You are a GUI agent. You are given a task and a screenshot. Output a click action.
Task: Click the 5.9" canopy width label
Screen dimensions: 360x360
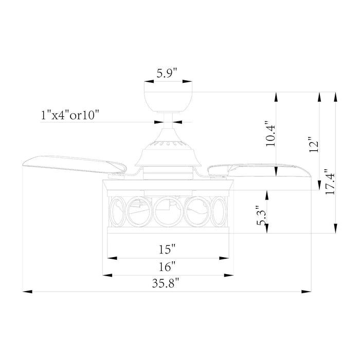pyautogui.click(x=166, y=73)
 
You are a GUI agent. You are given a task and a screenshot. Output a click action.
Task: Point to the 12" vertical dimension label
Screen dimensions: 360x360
pyautogui.click(x=313, y=145)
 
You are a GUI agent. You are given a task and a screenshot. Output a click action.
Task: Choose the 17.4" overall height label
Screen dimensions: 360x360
pyautogui.click(x=331, y=182)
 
